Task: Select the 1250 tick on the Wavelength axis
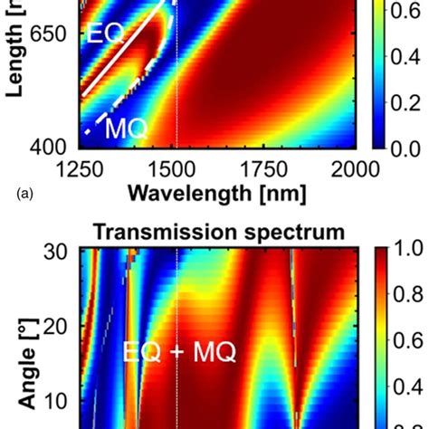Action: [x=80, y=169]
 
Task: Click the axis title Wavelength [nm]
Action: [x=217, y=193]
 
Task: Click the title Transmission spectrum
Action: [x=217, y=233]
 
